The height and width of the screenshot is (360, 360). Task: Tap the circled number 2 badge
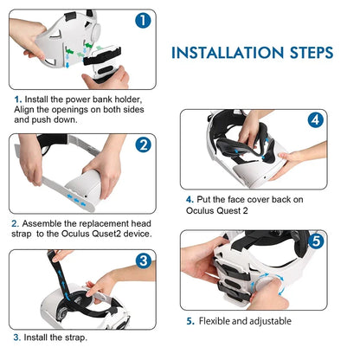(144, 145)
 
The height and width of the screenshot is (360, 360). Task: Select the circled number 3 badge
(144, 260)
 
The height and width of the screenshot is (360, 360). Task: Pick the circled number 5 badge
(317, 241)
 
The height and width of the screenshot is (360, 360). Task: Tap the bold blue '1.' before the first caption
(17, 100)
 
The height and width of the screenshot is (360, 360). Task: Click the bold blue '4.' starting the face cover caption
(190, 197)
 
